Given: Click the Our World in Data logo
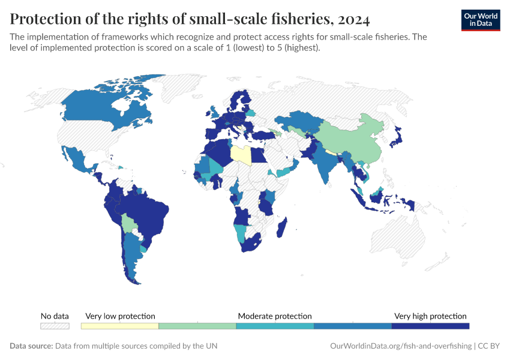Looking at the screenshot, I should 480,20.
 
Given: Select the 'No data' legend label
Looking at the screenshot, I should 55,316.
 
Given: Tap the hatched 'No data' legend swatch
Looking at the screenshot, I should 55,326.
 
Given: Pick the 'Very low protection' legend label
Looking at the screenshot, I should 120,316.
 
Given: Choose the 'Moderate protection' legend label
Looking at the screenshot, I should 275,316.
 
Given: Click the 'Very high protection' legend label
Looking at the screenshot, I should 430,316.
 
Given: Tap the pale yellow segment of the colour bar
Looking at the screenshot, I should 120,326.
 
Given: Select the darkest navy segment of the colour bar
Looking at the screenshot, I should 430,326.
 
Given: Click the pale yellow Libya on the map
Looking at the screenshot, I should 241,155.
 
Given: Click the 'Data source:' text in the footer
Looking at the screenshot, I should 31,346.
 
